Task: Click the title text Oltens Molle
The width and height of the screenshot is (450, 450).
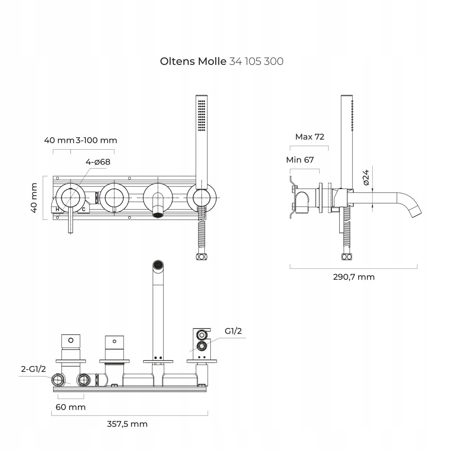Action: [x=193, y=61]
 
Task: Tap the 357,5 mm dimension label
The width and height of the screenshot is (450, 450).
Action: [x=127, y=424]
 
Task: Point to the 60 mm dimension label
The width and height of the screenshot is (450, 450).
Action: [x=70, y=407]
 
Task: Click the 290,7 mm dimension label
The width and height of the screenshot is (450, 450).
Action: [x=354, y=277]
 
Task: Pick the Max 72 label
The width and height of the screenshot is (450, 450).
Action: [x=309, y=136]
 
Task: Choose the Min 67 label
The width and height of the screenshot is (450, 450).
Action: [x=300, y=160]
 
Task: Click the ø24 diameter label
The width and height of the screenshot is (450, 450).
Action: [x=366, y=177]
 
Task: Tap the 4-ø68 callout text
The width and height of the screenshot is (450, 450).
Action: [x=98, y=162]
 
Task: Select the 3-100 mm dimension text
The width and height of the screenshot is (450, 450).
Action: [x=96, y=140]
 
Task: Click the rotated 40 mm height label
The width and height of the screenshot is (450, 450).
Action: [x=34, y=198]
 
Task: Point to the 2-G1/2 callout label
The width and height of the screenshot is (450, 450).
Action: [x=33, y=369]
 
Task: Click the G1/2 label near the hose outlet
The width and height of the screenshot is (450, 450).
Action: [x=233, y=331]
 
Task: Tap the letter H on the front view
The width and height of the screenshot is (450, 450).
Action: [x=57, y=209]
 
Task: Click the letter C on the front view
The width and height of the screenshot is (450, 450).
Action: [x=84, y=209]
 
